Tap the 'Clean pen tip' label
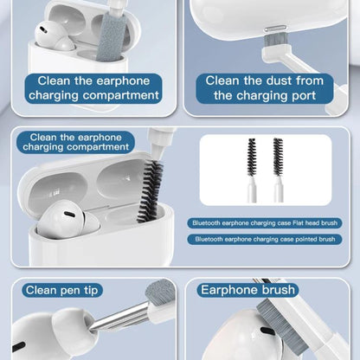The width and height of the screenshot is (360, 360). pos(61,290)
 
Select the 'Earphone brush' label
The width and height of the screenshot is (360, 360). pos(248,290)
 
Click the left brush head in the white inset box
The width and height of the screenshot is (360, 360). pos(252,157)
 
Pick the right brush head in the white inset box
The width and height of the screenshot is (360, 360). pos(278,157)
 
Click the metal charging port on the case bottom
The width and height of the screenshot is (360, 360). pos(275,29)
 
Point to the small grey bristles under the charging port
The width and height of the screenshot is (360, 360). pos(275,40)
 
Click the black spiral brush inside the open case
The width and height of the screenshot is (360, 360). pos(150,190)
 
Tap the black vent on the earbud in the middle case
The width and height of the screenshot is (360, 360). pos(69,215)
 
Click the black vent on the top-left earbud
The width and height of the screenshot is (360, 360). pos(42,29)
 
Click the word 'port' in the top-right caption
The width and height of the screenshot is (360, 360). pos(303,95)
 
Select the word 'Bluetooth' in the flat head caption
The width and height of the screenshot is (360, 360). pos(206,223)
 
